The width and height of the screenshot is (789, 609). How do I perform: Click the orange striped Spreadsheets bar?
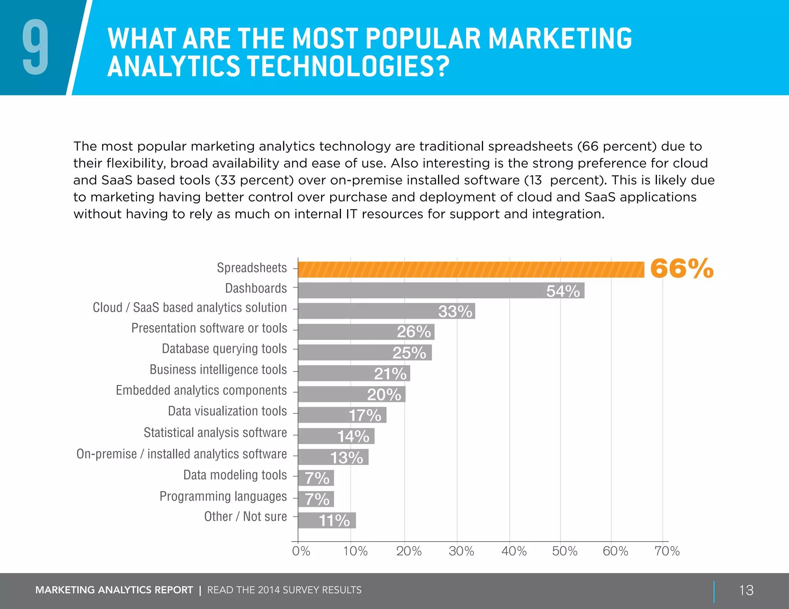pyautogui.click(x=471, y=269)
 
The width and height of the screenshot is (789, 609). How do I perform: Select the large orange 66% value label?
pyautogui.click(x=682, y=268)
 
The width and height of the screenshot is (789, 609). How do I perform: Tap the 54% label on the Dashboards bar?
pyautogui.click(x=563, y=291)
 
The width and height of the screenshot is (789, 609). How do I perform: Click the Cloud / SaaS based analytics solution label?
pyautogui.click(x=190, y=308)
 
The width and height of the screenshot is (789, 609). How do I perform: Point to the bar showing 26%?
pyautogui.click(x=366, y=332)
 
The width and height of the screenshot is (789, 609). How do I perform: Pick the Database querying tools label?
pyautogui.click(x=224, y=349)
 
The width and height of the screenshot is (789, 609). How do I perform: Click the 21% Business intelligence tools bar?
pyautogui.click(x=354, y=373)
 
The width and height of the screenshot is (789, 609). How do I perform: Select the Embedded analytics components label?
pyautogui.click(x=201, y=390)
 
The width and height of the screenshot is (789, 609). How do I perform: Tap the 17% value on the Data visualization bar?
pyautogui.click(x=365, y=415)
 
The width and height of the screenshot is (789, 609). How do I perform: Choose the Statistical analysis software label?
pyautogui.click(x=215, y=433)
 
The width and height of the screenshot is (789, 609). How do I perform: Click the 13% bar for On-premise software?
pyautogui.click(x=333, y=457)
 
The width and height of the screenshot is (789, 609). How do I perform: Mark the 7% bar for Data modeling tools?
pyautogui.click(x=316, y=478)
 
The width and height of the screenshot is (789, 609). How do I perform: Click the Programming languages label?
pyautogui.click(x=223, y=497)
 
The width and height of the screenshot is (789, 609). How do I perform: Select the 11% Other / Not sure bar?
pyautogui.click(x=327, y=520)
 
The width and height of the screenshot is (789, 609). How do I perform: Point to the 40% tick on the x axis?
pyautogui.click(x=514, y=551)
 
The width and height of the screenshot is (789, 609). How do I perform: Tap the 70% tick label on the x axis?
pyautogui.click(x=667, y=551)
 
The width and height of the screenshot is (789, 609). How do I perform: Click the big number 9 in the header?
pyautogui.click(x=35, y=47)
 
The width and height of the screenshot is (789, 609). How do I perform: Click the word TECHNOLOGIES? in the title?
pyautogui.click(x=348, y=67)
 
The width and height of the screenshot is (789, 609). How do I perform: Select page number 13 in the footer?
pyautogui.click(x=746, y=590)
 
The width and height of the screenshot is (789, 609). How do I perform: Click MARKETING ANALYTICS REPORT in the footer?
pyautogui.click(x=114, y=590)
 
